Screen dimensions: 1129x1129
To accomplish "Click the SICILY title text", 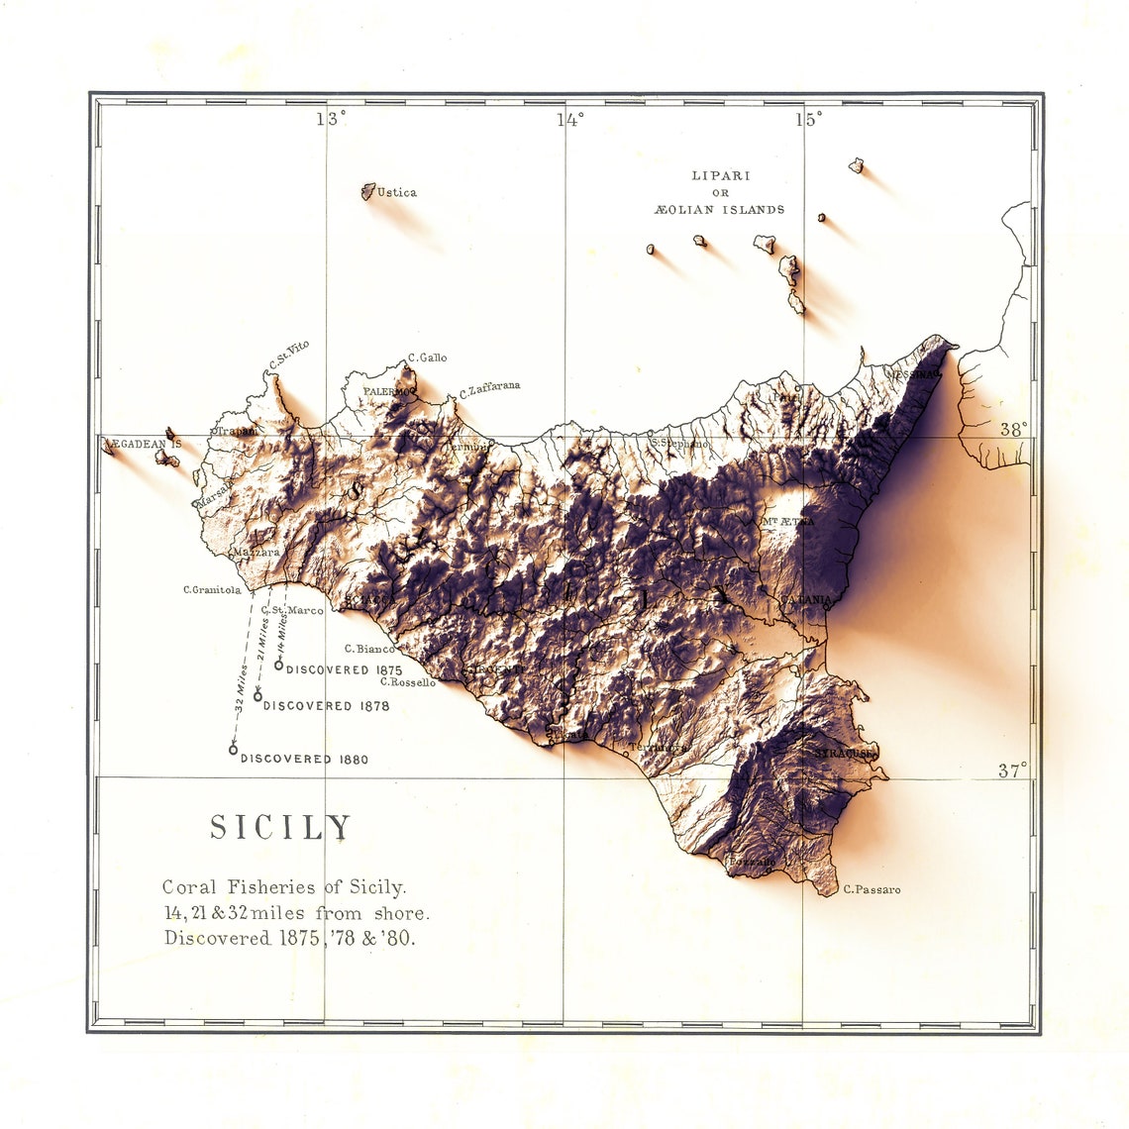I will (x=280, y=828).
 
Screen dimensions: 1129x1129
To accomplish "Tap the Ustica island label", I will (x=397, y=193).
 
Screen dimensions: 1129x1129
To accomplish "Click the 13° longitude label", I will (x=331, y=119).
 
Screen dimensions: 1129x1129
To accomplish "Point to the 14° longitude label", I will (x=569, y=120).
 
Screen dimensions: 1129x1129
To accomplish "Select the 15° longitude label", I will (x=808, y=120).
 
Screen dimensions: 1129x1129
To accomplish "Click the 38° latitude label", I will (x=1013, y=430).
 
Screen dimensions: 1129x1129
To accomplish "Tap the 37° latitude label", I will (x=1012, y=770).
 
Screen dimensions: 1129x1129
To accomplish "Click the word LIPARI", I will (x=720, y=175).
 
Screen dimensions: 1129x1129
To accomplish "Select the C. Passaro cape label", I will (x=872, y=890).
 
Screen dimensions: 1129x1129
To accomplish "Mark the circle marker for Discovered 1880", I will (x=234, y=750).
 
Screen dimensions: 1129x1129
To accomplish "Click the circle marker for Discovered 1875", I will (x=279, y=665).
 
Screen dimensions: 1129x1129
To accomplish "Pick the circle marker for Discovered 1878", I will (x=257, y=696).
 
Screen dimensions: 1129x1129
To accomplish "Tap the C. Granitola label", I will (x=212, y=590).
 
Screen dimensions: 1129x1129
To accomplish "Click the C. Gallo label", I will (x=428, y=358).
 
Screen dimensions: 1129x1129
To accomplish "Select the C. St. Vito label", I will (x=289, y=357).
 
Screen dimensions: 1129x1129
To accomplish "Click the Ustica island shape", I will (x=367, y=191).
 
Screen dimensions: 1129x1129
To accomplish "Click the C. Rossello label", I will (x=408, y=682).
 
